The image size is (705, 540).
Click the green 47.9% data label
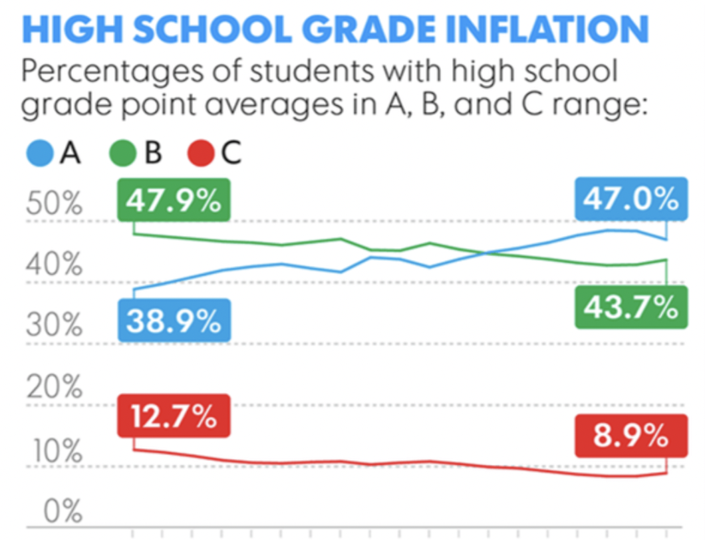(174, 202)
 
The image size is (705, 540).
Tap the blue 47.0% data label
(630, 200)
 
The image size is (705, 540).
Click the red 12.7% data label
(174, 417)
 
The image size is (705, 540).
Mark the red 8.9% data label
(630, 437)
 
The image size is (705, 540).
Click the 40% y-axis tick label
(54, 267)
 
